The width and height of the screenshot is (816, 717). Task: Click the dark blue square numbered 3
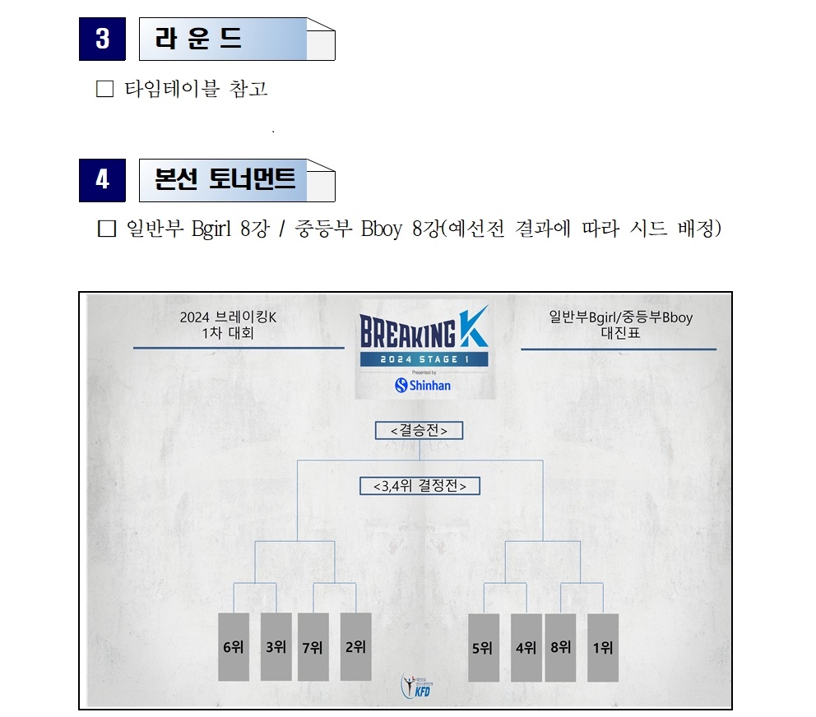coord(102,39)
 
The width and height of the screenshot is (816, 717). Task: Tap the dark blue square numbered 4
coord(102,180)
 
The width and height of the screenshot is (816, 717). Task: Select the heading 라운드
coord(198,39)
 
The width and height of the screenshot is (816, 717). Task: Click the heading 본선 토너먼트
coord(225,179)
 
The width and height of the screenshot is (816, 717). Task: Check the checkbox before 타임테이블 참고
coord(104,89)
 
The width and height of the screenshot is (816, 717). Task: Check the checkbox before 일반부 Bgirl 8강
coord(107,229)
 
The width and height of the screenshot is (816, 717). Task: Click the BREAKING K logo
coord(424,328)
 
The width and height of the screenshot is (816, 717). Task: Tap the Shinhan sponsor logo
coord(423,385)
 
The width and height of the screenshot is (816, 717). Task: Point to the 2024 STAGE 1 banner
coord(424,359)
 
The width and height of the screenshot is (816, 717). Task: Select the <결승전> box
coord(419,430)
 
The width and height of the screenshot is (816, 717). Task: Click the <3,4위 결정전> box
coord(420,486)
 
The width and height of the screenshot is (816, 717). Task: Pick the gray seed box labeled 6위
coord(234,647)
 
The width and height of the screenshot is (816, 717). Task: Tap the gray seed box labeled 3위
coord(276,647)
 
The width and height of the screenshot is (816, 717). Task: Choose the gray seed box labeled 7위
coord(313,647)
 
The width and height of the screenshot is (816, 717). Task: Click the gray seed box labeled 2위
coord(356,647)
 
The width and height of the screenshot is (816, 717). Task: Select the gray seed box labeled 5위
coord(484,648)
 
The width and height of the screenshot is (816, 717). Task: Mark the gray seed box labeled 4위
coord(526,648)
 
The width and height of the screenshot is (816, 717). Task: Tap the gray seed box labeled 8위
coord(560,648)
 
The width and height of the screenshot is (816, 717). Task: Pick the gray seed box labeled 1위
coord(603,648)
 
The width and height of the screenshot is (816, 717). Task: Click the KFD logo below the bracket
coord(416,686)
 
